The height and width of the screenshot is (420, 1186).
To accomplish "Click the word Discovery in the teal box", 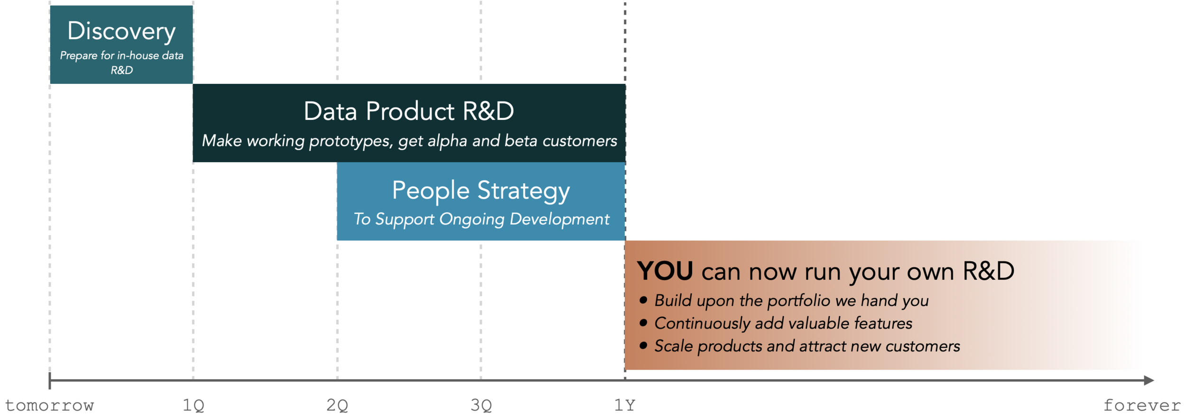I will coord(121,31).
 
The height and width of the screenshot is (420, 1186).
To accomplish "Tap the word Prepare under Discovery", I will coord(78,56).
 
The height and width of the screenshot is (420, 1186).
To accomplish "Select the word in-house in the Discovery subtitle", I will coord(138,56).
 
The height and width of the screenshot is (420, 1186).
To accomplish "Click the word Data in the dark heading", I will coord(330,111).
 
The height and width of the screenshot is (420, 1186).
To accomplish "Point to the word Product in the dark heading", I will coord(410,111).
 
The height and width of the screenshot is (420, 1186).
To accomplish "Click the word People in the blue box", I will coord(431,191).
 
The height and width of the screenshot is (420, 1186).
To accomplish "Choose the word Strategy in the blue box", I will coord(523,192).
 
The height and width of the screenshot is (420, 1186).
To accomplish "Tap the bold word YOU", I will coord(665,271).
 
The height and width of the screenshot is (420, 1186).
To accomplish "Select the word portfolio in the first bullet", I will coord(798,301).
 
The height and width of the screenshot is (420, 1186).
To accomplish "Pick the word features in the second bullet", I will coord(883,323).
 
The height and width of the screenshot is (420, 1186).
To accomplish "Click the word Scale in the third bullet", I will coord(674,346).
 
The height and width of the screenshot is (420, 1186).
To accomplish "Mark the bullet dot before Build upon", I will coord(643,300).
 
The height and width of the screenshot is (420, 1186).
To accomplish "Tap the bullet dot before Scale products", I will coord(643,346).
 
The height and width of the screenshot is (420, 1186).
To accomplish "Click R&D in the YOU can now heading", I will coord(988,271).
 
